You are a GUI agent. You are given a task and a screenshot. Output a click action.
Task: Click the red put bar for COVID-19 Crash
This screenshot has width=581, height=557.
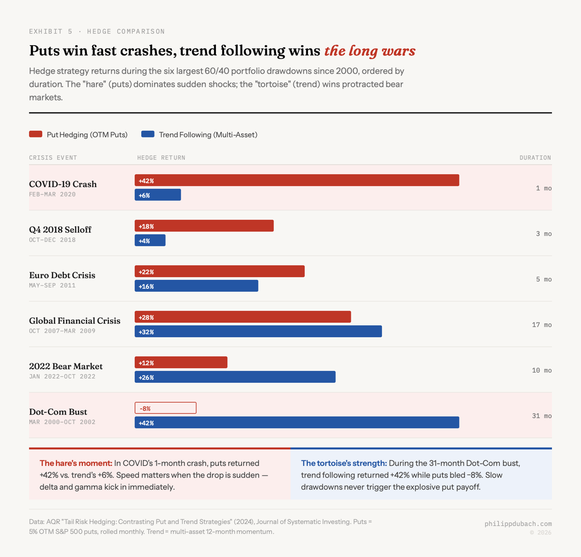[x=297, y=180]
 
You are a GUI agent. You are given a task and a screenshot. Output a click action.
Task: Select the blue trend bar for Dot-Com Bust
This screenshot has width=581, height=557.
[x=297, y=422]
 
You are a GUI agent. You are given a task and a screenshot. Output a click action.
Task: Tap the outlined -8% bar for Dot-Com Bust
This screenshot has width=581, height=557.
[x=166, y=408]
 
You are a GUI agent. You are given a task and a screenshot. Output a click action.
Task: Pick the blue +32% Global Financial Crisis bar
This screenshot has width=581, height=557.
[x=258, y=331]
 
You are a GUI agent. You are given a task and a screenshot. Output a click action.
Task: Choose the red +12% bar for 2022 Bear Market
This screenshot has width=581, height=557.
[x=181, y=362]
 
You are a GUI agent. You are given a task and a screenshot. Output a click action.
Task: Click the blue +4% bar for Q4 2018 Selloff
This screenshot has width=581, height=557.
[x=150, y=240]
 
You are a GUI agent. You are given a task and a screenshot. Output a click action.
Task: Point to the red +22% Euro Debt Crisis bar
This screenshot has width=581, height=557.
[x=219, y=271]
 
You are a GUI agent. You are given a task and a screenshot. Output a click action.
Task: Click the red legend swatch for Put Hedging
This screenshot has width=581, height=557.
[x=36, y=134]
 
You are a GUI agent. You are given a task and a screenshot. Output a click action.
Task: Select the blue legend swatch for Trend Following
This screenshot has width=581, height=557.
[x=148, y=134]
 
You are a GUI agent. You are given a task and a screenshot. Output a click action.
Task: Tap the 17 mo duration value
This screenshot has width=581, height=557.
[x=541, y=325]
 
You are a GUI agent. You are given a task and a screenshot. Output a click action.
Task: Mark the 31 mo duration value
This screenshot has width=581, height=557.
[x=541, y=416]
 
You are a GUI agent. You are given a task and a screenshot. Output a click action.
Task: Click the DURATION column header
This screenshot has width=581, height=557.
[x=535, y=157]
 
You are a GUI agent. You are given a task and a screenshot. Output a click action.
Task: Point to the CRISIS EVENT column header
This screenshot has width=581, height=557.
[x=53, y=157]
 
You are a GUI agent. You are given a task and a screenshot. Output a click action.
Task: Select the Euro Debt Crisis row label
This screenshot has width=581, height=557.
[x=62, y=275]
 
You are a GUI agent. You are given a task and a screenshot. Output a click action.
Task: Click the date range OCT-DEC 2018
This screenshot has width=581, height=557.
[x=52, y=240]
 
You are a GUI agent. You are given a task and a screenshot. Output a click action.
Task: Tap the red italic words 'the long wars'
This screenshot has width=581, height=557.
[x=370, y=51]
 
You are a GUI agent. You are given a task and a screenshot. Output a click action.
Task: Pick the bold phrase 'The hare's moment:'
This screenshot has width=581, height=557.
[x=76, y=463]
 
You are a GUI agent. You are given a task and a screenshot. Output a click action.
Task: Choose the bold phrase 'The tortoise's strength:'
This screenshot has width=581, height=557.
[x=344, y=463]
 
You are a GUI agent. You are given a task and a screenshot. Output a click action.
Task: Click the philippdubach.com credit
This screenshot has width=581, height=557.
[x=518, y=524]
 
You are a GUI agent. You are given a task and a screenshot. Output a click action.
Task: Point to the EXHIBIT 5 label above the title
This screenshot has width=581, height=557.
[x=51, y=31]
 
